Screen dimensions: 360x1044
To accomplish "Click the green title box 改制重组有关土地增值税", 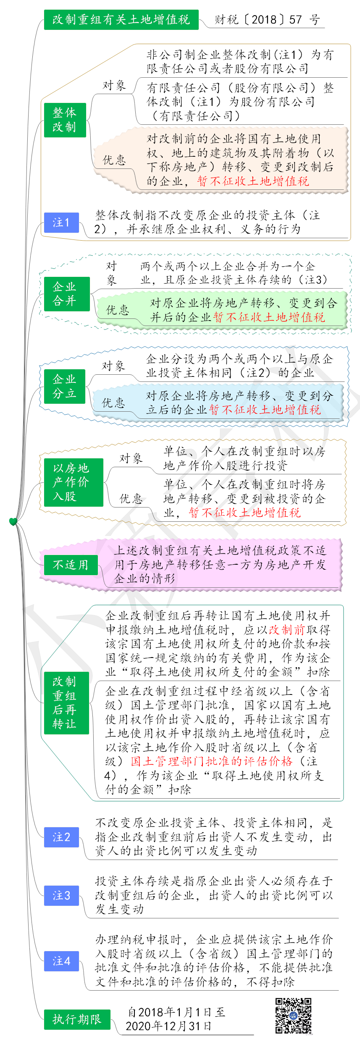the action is pos(121,19).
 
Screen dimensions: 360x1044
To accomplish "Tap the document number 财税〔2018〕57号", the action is pos(268,20).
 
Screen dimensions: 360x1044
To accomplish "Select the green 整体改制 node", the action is pos(65,120).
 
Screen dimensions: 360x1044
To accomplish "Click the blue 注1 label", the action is pos(61,222).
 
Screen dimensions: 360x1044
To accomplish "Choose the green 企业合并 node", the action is pos(67,294).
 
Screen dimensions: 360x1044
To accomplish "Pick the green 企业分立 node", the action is pos(65,387).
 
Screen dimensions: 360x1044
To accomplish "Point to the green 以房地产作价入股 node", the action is pos(74,482).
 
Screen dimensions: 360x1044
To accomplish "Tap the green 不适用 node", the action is pos(71,565).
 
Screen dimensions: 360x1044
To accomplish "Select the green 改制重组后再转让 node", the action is pos(66,703).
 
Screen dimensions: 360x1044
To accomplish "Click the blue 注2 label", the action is pos(61,837).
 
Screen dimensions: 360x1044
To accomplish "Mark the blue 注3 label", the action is pos(61,896).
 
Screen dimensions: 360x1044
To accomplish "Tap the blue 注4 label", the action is pos(61,961).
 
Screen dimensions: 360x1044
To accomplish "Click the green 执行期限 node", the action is pos(77,1020).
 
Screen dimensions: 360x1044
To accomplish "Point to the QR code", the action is pos(293,1016).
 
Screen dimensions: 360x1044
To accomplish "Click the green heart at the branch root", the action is pos(13,522).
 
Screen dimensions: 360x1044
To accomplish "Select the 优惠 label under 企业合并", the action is pos(118,310).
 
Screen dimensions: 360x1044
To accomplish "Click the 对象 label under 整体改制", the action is pos(114,85).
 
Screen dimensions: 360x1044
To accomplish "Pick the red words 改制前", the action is pos(286,630).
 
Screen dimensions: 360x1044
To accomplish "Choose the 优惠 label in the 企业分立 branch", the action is pos(113,403).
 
